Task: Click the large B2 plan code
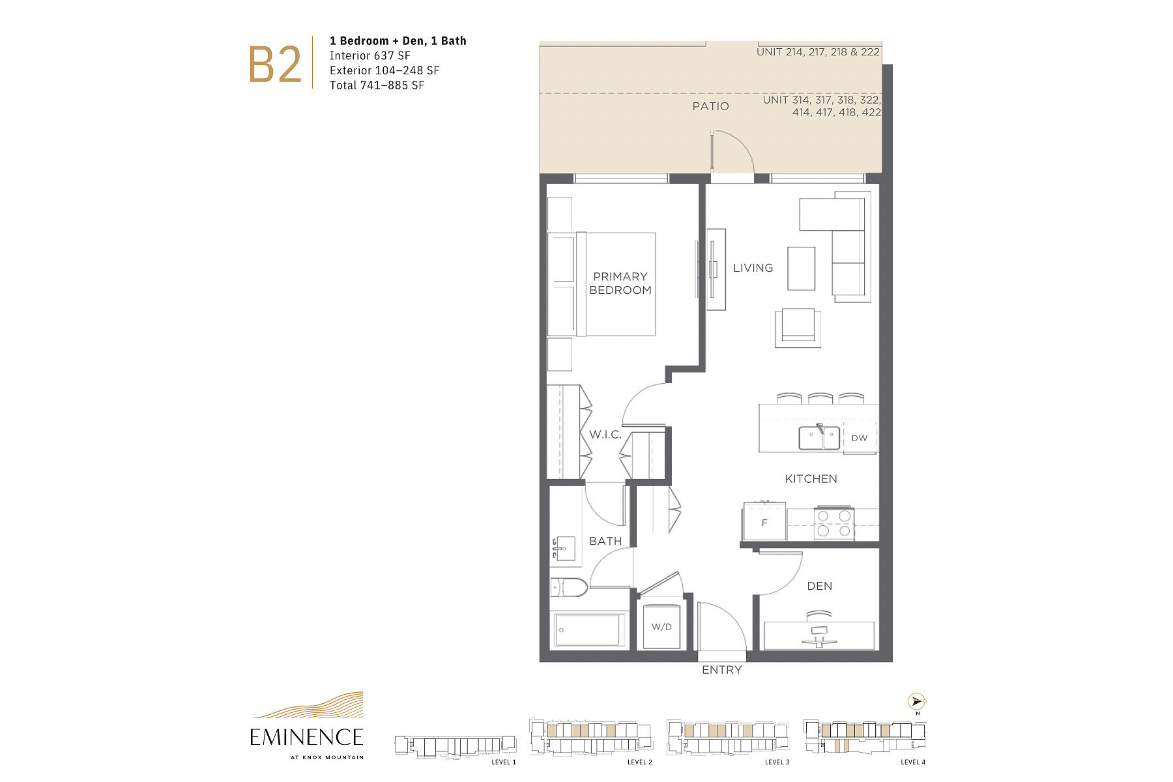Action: click(x=275, y=65)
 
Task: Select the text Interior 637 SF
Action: click(x=369, y=55)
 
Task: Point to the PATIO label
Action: click(x=710, y=106)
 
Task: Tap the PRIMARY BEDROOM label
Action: click(x=620, y=283)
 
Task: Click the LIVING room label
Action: click(x=753, y=268)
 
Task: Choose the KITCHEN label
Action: click(x=811, y=479)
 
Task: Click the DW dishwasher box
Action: click(x=860, y=437)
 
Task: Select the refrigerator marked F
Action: click(x=764, y=521)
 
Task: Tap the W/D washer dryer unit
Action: click(x=661, y=626)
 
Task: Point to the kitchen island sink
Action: click(x=819, y=438)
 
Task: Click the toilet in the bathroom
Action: click(x=569, y=588)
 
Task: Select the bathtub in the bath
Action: click(x=588, y=630)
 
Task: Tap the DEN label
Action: click(x=819, y=586)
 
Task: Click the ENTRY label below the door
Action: click(x=721, y=670)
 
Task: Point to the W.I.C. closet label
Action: click(x=605, y=435)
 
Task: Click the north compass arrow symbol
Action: click(x=917, y=702)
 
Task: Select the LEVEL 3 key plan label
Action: click(x=777, y=762)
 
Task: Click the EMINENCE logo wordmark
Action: click(x=306, y=738)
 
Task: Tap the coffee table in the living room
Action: click(x=801, y=268)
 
